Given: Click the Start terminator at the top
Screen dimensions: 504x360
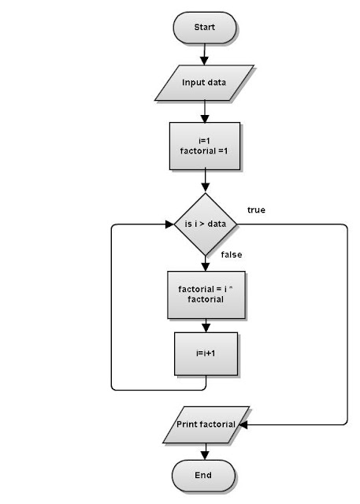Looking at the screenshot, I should [x=204, y=28].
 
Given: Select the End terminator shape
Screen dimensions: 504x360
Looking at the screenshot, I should [x=204, y=476].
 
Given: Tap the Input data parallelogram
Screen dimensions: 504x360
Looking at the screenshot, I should [x=204, y=82].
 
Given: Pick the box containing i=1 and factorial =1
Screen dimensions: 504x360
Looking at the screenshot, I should [x=204, y=145].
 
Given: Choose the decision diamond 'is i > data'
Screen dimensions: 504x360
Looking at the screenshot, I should [x=204, y=224].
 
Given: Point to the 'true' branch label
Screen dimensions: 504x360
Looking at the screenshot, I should [x=256, y=209].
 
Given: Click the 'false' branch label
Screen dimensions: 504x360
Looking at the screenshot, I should [x=232, y=254].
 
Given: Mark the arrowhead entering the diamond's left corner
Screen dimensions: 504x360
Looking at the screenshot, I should [x=169, y=224].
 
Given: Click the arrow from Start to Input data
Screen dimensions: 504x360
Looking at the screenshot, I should [x=204, y=53].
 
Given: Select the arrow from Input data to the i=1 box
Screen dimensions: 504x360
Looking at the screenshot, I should [x=204, y=109].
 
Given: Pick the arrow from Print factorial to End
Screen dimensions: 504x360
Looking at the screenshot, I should [x=204, y=451].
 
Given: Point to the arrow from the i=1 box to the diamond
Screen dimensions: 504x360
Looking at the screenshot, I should [x=204, y=181].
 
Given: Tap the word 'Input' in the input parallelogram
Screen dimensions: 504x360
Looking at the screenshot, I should [x=193, y=82].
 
